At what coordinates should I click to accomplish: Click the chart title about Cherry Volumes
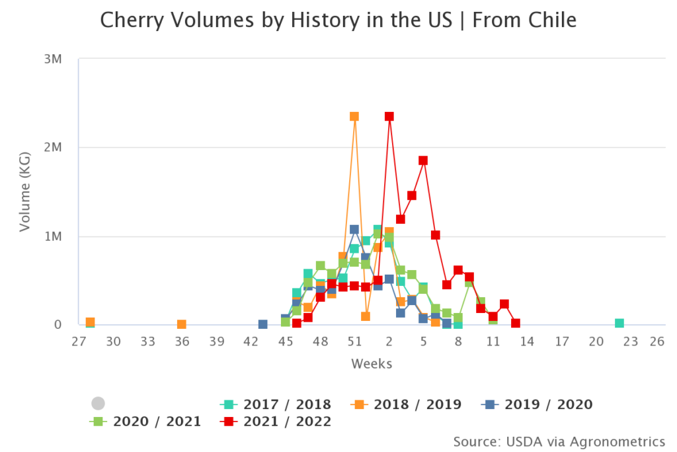coord(338,21)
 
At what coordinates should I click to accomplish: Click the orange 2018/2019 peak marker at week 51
coord(354,116)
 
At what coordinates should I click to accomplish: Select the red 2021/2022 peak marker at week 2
coord(389,116)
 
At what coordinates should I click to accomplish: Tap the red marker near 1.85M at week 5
coord(423,161)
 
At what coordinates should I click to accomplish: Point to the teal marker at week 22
coord(619,323)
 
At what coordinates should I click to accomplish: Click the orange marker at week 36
coord(182,324)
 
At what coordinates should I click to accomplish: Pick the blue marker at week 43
coord(262,324)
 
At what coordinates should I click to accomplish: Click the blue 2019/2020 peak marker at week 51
coord(354,230)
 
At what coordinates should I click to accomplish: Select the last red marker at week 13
coord(515,323)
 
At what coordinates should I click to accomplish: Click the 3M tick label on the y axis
coord(52,59)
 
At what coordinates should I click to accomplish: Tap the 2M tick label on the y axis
coord(52,148)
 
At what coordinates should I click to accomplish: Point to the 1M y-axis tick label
coord(52,236)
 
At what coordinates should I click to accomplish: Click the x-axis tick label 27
coord(79,342)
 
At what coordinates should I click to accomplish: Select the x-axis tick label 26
coord(657,342)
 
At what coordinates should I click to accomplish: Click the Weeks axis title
coord(372,364)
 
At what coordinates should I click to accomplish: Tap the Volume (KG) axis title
coord(25,192)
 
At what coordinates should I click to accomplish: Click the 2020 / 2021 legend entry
coord(145,421)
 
